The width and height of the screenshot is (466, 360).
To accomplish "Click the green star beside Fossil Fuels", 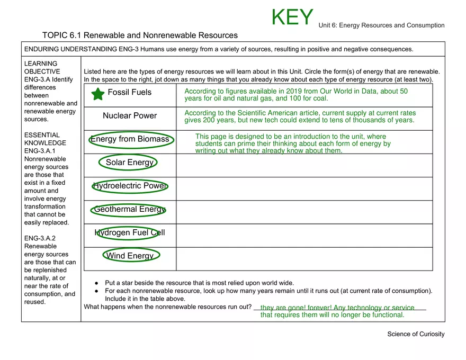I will (x=98, y=94).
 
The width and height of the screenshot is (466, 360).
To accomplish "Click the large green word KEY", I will (x=292, y=17).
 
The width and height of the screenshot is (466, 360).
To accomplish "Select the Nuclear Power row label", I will (x=130, y=116).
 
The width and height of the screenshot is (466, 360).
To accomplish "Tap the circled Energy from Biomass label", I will (x=130, y=139).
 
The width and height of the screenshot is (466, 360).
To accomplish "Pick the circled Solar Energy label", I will (x=130, y=163).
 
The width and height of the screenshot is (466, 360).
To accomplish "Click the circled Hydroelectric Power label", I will (x=130, y=186).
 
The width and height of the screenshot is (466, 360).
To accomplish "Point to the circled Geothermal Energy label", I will (x=130, y=209).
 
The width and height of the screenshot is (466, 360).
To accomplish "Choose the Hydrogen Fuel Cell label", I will (x=130, y=232).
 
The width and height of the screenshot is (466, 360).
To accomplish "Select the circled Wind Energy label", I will (x=130, y=256).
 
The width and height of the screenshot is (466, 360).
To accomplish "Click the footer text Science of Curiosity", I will (x=416, y=334).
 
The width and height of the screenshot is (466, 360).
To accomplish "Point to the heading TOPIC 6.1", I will (x=62, y=35).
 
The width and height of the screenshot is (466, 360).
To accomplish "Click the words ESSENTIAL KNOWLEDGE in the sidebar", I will (x=46, y=139).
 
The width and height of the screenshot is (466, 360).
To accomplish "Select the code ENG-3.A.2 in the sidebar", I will (x=40, y=238).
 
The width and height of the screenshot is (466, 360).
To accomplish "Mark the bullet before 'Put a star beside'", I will (x=96, y=283).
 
